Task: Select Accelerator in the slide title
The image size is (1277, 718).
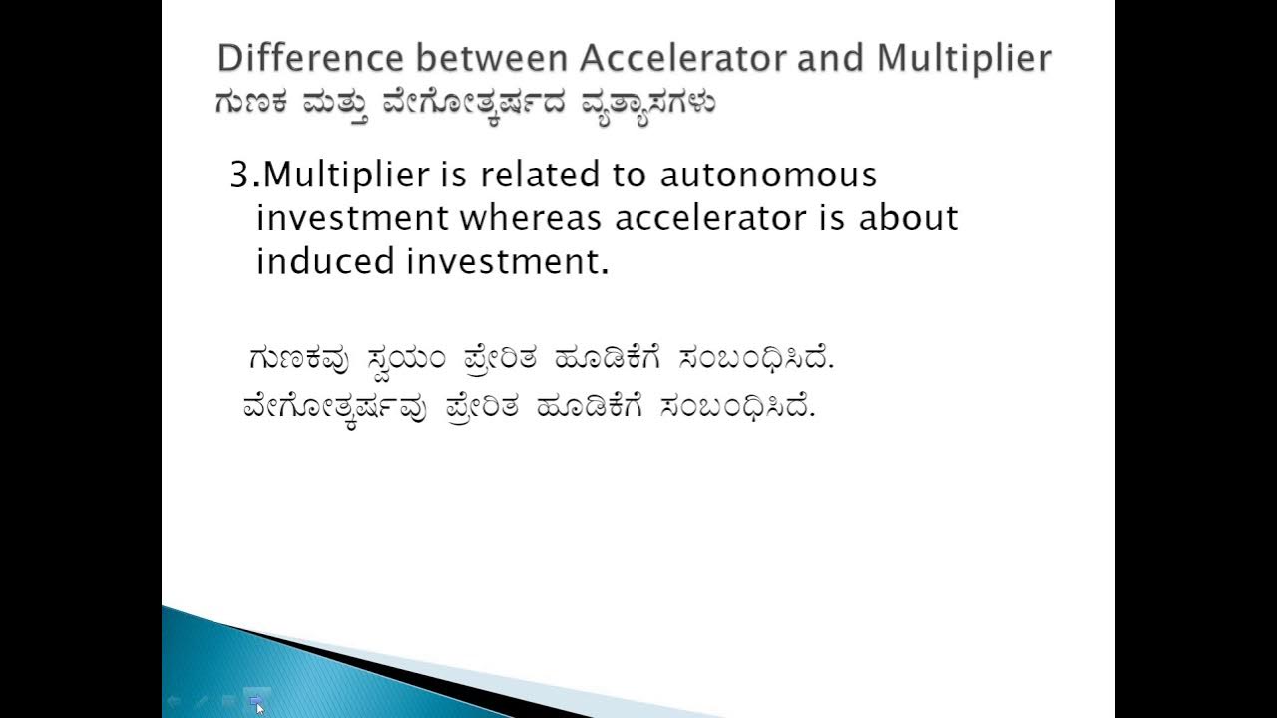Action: click(682, 58)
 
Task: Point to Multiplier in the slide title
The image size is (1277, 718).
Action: click(964, 58)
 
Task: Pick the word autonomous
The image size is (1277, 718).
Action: click(768, 176)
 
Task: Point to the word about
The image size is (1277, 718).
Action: click(908, 218)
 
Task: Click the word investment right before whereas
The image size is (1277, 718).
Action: click(353, 218)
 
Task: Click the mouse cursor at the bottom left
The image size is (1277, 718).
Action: click(259, 706)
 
